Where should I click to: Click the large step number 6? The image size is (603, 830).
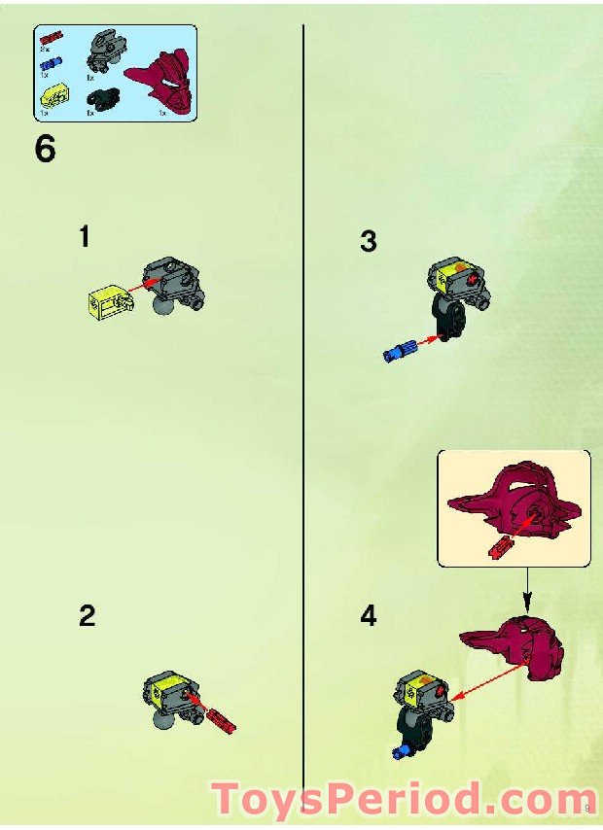[45, 151]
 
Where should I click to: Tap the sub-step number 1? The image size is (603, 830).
[86, 236]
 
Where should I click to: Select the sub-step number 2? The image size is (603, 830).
[88, 615]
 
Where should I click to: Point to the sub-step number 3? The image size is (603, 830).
[368, 241]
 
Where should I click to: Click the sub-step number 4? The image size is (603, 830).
[368, 615]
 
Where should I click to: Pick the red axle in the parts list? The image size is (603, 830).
[51, 39]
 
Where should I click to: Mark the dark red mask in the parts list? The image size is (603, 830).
[160, 82]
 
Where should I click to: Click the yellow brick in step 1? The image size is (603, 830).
[105, 302]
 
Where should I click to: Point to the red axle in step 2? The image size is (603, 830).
[221, 719]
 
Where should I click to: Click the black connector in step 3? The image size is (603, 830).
[449, 322]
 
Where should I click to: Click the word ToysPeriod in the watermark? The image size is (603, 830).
[345, 800]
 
